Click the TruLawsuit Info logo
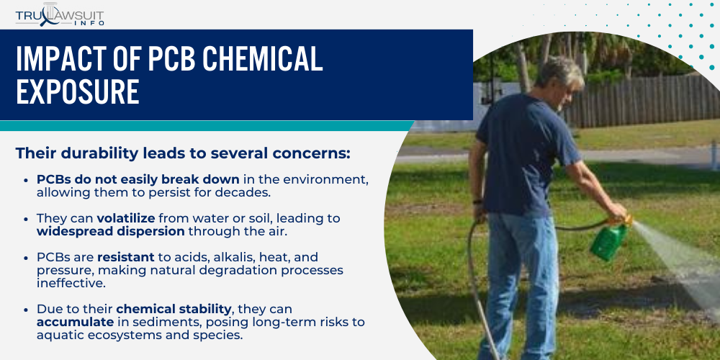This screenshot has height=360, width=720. click(60, 14)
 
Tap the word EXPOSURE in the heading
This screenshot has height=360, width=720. click(78, 91)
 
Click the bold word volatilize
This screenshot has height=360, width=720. click(126, 219)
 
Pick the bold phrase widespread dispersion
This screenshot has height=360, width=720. click(111, 231)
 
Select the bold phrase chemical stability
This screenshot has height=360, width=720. click(173, 309)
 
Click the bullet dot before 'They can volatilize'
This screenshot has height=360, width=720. click(26, 219)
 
